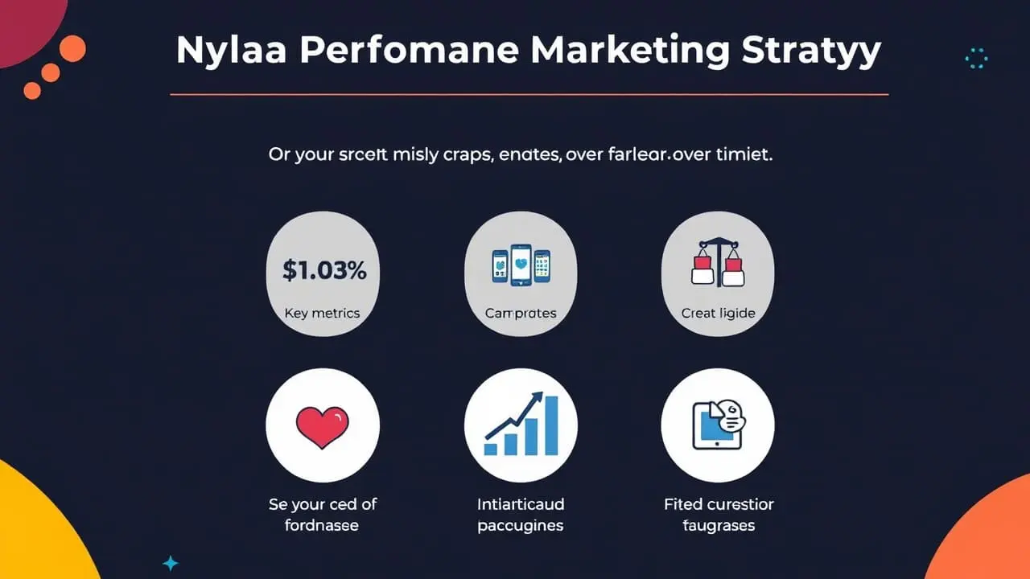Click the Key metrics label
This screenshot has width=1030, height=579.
322,313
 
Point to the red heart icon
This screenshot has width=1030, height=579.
322,425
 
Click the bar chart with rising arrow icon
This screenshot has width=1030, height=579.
521,425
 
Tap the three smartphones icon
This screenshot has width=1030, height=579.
521,266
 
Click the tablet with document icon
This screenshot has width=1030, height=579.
717,425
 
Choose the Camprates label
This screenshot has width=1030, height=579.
521,313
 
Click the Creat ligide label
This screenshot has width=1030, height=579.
718,313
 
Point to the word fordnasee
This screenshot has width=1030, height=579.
322,526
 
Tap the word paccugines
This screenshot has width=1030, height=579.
521,526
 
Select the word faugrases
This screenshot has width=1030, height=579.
719,526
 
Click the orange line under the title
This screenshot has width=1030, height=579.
529,95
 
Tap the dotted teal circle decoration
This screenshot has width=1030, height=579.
975,58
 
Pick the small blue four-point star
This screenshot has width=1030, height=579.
170,563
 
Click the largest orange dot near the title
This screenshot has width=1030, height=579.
72,48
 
